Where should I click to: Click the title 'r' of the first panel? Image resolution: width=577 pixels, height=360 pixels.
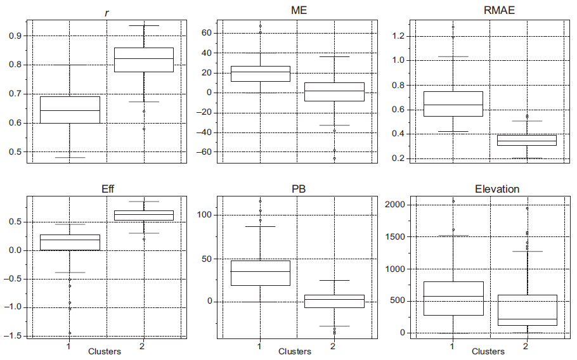(x=106, y=12)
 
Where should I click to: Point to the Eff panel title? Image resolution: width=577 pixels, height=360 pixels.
(x=106, y=189)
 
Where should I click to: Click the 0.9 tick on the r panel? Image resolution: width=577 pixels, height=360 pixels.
(x=14, y=35)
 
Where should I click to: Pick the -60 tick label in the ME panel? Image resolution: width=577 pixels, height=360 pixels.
(x=204, y=152)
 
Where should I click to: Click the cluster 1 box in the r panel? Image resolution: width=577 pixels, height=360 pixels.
(x=70, y=110)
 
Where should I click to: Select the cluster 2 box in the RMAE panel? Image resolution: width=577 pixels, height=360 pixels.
(x=526, y=140)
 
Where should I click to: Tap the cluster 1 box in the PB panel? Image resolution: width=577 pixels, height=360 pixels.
(x=260, y=273)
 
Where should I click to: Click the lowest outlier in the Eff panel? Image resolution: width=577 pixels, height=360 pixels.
(x=70, y=333)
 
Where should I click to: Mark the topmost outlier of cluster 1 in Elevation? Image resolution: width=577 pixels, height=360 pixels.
(x=453, y=201)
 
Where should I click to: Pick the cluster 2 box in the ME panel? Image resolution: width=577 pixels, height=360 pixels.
(x=334, y=92)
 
